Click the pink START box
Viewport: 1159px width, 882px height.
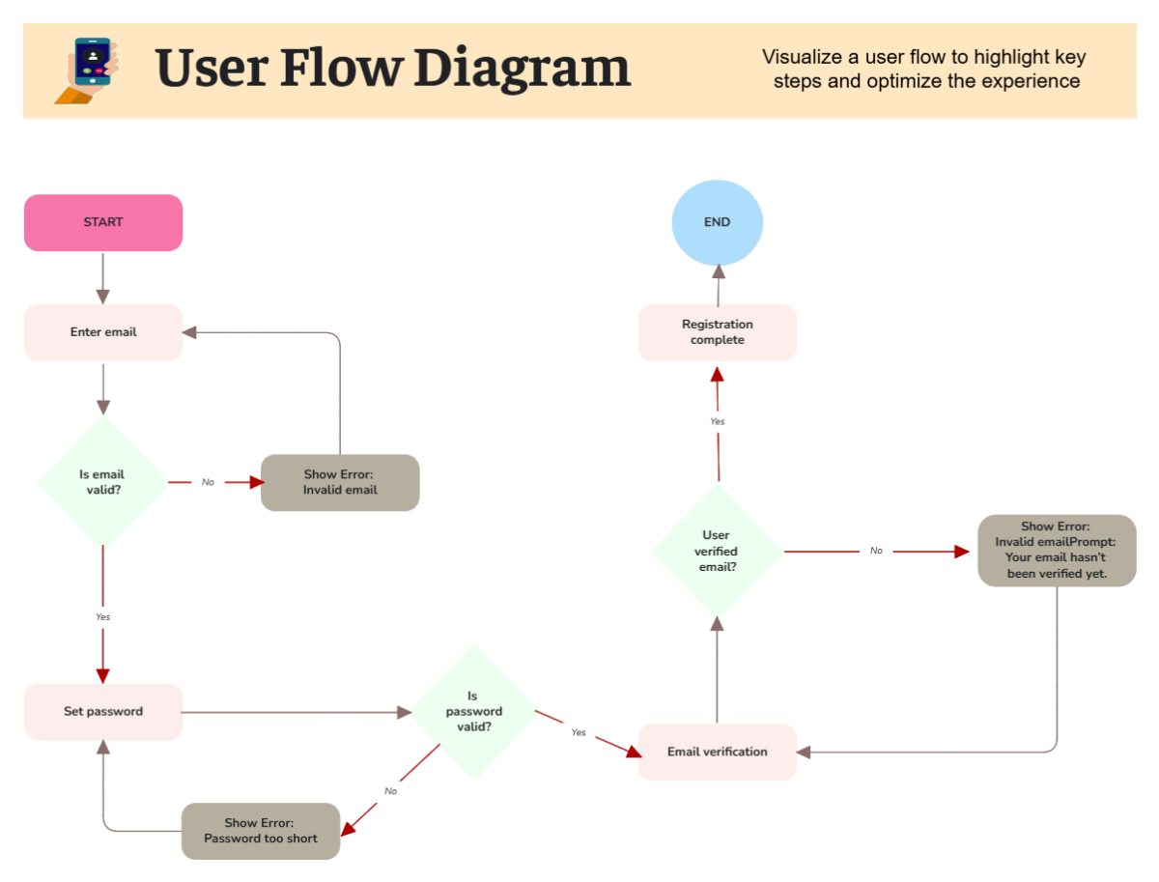[103, 222]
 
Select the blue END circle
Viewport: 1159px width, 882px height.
[718, 222]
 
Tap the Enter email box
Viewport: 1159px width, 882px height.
[103, 332]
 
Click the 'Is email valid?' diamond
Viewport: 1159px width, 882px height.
[102, 481]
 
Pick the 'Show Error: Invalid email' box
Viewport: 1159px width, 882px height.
[340, 482]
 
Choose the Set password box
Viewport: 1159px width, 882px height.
[103, 712]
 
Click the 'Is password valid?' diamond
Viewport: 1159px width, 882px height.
[473, 711]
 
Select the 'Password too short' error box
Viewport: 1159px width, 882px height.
[261, 831]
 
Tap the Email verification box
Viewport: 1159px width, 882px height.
[718, 752]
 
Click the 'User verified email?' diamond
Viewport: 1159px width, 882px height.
[717, 551]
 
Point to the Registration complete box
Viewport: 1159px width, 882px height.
[718, 332]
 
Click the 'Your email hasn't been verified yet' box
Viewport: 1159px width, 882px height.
[1057, 551]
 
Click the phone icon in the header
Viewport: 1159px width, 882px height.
[89, 71]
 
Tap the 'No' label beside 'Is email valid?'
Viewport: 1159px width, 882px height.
[208, 482]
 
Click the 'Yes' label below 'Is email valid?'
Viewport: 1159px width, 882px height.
[102, 616]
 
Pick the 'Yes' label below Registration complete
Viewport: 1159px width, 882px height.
[718, 422]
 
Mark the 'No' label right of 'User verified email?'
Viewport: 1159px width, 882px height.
[876, 551]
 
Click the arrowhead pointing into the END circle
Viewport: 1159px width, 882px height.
[719, 272]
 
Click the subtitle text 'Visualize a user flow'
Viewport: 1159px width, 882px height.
[850, 57]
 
